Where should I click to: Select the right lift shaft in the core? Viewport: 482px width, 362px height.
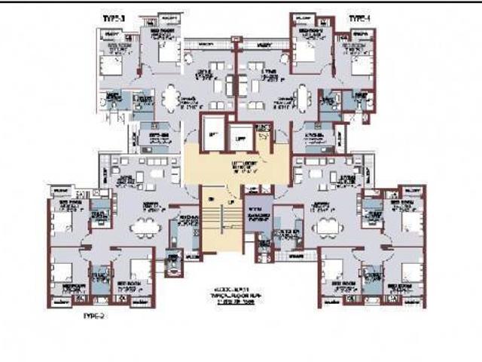(240, 138)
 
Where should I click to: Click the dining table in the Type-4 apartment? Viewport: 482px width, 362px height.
(302, 97)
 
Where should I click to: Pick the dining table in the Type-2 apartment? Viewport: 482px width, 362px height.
(145, 227)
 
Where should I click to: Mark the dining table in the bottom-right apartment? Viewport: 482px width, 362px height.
(326, 227)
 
